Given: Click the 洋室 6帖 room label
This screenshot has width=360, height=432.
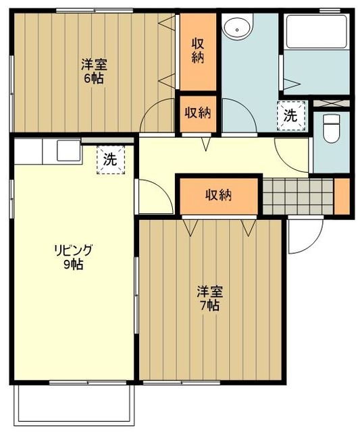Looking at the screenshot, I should pyautogui.click(x=93, y=71).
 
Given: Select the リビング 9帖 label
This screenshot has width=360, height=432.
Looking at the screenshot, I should pyautogui.click(x=73, y=257).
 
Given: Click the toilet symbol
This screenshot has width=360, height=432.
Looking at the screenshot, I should pyautogui.click(x=331, y=128).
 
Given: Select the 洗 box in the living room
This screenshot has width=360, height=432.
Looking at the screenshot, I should pyautogui.click(x=110, y=161).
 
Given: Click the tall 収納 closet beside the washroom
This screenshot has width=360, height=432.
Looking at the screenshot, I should pyautogui.click(x=197, y=51).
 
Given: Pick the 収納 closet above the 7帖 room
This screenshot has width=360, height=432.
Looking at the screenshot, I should pyautogui.click(x=218, y=195).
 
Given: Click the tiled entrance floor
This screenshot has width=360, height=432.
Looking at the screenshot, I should pyautogui.click(x=297, y=195).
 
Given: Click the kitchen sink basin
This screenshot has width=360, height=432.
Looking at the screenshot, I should pyautogui.click(x=68, y=149).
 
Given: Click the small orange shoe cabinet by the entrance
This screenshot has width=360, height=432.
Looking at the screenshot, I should pyautogui.click(x=342, y=194).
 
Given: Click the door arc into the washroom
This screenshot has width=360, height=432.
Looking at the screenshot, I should pyautogui.click(x=240, y=115).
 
